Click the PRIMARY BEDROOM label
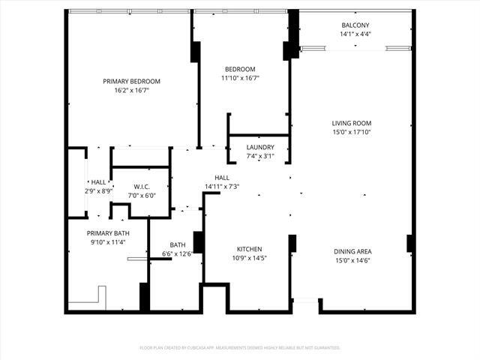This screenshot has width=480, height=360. pos(131,81)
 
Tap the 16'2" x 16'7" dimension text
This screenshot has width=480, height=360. pos(131,90)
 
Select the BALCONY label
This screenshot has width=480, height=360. pos(355,25)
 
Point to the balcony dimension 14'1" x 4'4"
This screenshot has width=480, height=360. pos(355,34)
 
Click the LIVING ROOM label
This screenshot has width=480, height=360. pos(352,123)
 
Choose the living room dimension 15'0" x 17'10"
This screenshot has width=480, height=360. pos(352,132)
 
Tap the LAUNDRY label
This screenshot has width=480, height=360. pos(260,147)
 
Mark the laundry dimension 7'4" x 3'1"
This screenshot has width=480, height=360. pos(260,156)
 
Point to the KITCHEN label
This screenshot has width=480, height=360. pos(249,249)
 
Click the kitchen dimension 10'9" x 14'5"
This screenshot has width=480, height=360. pos(249,258)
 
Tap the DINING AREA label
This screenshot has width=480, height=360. pos(352,251)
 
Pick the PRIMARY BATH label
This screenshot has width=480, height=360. pos(109,233)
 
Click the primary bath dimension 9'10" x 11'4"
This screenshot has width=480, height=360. pos(109,242)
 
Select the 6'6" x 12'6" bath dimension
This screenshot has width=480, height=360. pos(177,253)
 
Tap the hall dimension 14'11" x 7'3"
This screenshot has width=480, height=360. pos(222,186)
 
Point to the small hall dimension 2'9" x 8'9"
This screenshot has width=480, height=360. pos(99,190)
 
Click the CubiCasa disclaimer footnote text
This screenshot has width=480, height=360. pos(240,347)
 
